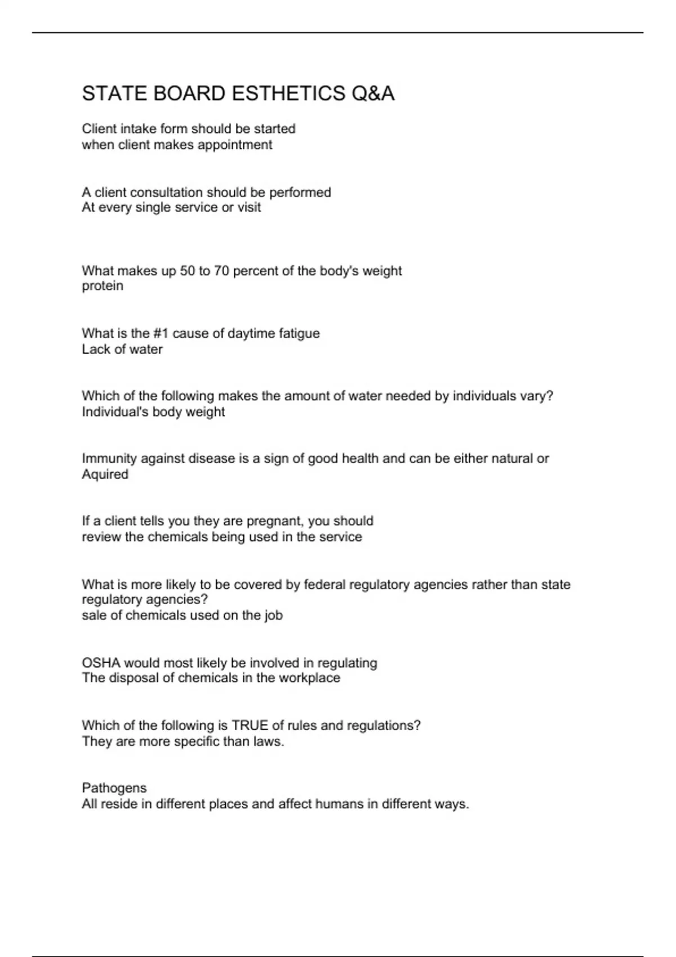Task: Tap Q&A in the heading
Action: point(372,93)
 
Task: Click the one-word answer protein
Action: point(103,286)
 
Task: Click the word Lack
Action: point(94,349)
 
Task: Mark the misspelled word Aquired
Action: point(105,475)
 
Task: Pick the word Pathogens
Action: point(114,788)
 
